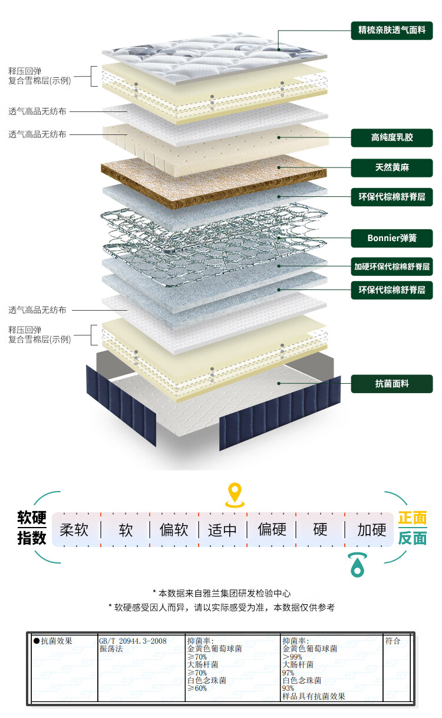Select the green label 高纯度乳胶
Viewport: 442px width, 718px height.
(392, 138)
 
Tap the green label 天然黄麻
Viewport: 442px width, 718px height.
(392, 167)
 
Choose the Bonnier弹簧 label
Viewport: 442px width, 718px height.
(392, 238)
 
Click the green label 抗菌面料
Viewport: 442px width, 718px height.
(392, 384)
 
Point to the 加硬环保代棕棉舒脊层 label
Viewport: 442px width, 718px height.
(392, 265)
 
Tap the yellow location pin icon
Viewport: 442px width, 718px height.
(235, 495)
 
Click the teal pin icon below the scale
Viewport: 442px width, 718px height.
(356, 565)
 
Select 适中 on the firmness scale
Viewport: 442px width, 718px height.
(222, 530)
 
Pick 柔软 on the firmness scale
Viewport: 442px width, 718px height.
(74, 530)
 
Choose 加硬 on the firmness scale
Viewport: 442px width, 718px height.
(372, 530)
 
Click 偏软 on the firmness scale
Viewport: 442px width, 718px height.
(174, 530)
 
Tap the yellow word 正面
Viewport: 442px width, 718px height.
(413, 518)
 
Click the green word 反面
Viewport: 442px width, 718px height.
(413, 538)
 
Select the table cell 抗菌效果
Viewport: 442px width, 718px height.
(57, 641)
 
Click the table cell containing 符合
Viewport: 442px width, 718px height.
(392, 641)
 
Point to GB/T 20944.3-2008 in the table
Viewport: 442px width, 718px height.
(133, 641)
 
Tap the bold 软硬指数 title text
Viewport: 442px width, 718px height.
(32, 528)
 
